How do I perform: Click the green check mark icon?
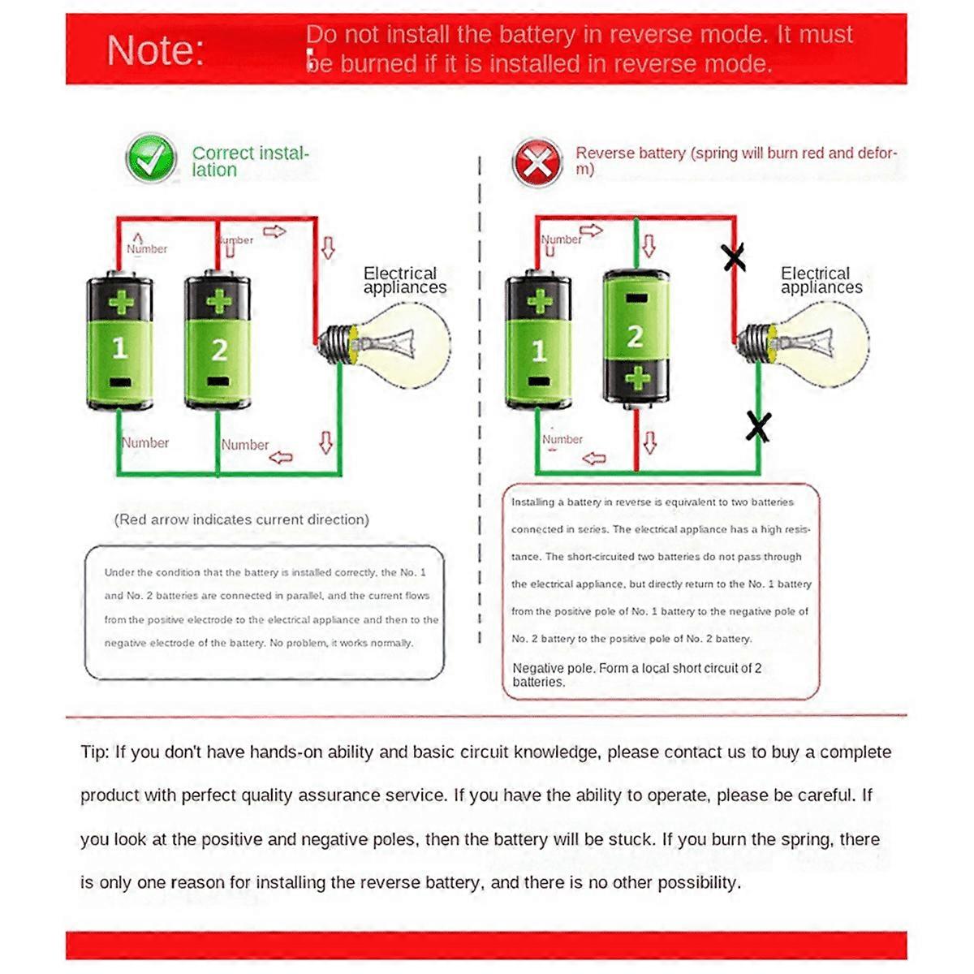coord(151,158)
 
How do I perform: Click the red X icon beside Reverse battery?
coord(537,162)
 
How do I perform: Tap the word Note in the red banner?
coord(155,51)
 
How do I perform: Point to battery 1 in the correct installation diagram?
coord(120,343)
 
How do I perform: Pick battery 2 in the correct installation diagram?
coord(218,343)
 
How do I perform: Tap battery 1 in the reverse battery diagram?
coord(538,343)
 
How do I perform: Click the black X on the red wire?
coord(734,258)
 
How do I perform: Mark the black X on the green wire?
coord(758,426)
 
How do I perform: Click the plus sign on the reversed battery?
coord(637,377)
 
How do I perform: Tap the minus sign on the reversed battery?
coord(636,299)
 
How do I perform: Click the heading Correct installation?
coord(250,161)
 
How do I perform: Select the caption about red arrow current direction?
coord(241,519)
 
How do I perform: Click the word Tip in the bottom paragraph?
coord(94,752)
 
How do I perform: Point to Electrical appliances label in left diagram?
coord(403,280)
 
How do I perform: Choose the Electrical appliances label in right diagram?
coord(821,280)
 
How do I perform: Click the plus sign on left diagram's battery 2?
coord(218,303)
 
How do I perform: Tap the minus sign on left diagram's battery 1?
coord(120,381)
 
